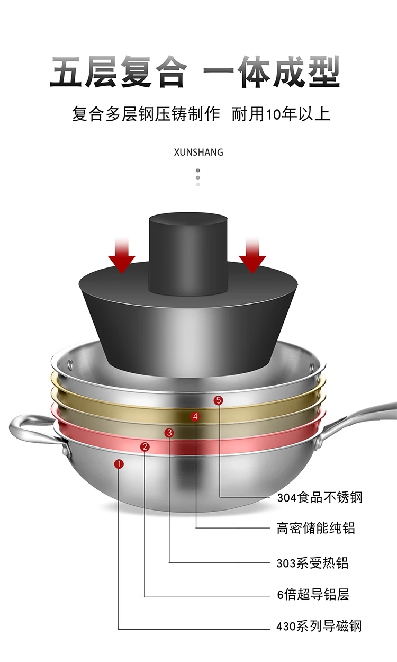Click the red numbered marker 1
click(x=119, y=464)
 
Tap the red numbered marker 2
click(x=145, y=446)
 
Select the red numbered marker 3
click(x=169, y=433)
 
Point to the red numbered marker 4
click(x=195, y=416)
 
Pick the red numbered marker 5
click(x=219, y=400)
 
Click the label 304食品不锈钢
click(x=320, y=497)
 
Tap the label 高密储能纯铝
click(x=316, y=528)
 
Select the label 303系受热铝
click(x=312, y=563)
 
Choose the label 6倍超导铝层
click(x=313, y=594)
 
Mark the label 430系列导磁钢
click(x=319, y=626)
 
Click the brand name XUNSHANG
click(x=198, y=153)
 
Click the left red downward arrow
click(x=122, y=256)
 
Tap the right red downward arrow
click(x=252, y=256)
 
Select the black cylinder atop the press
click(x=188, y=254)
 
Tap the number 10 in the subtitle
click(x=274, y=114)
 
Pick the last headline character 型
click(x=324, y=72)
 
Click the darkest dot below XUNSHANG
click(x=198, y=171)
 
